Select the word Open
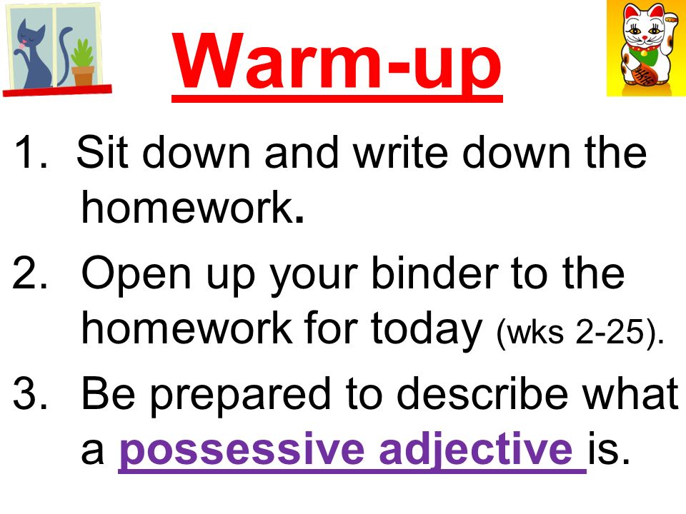point(136,276)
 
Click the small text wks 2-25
point(580,332)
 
